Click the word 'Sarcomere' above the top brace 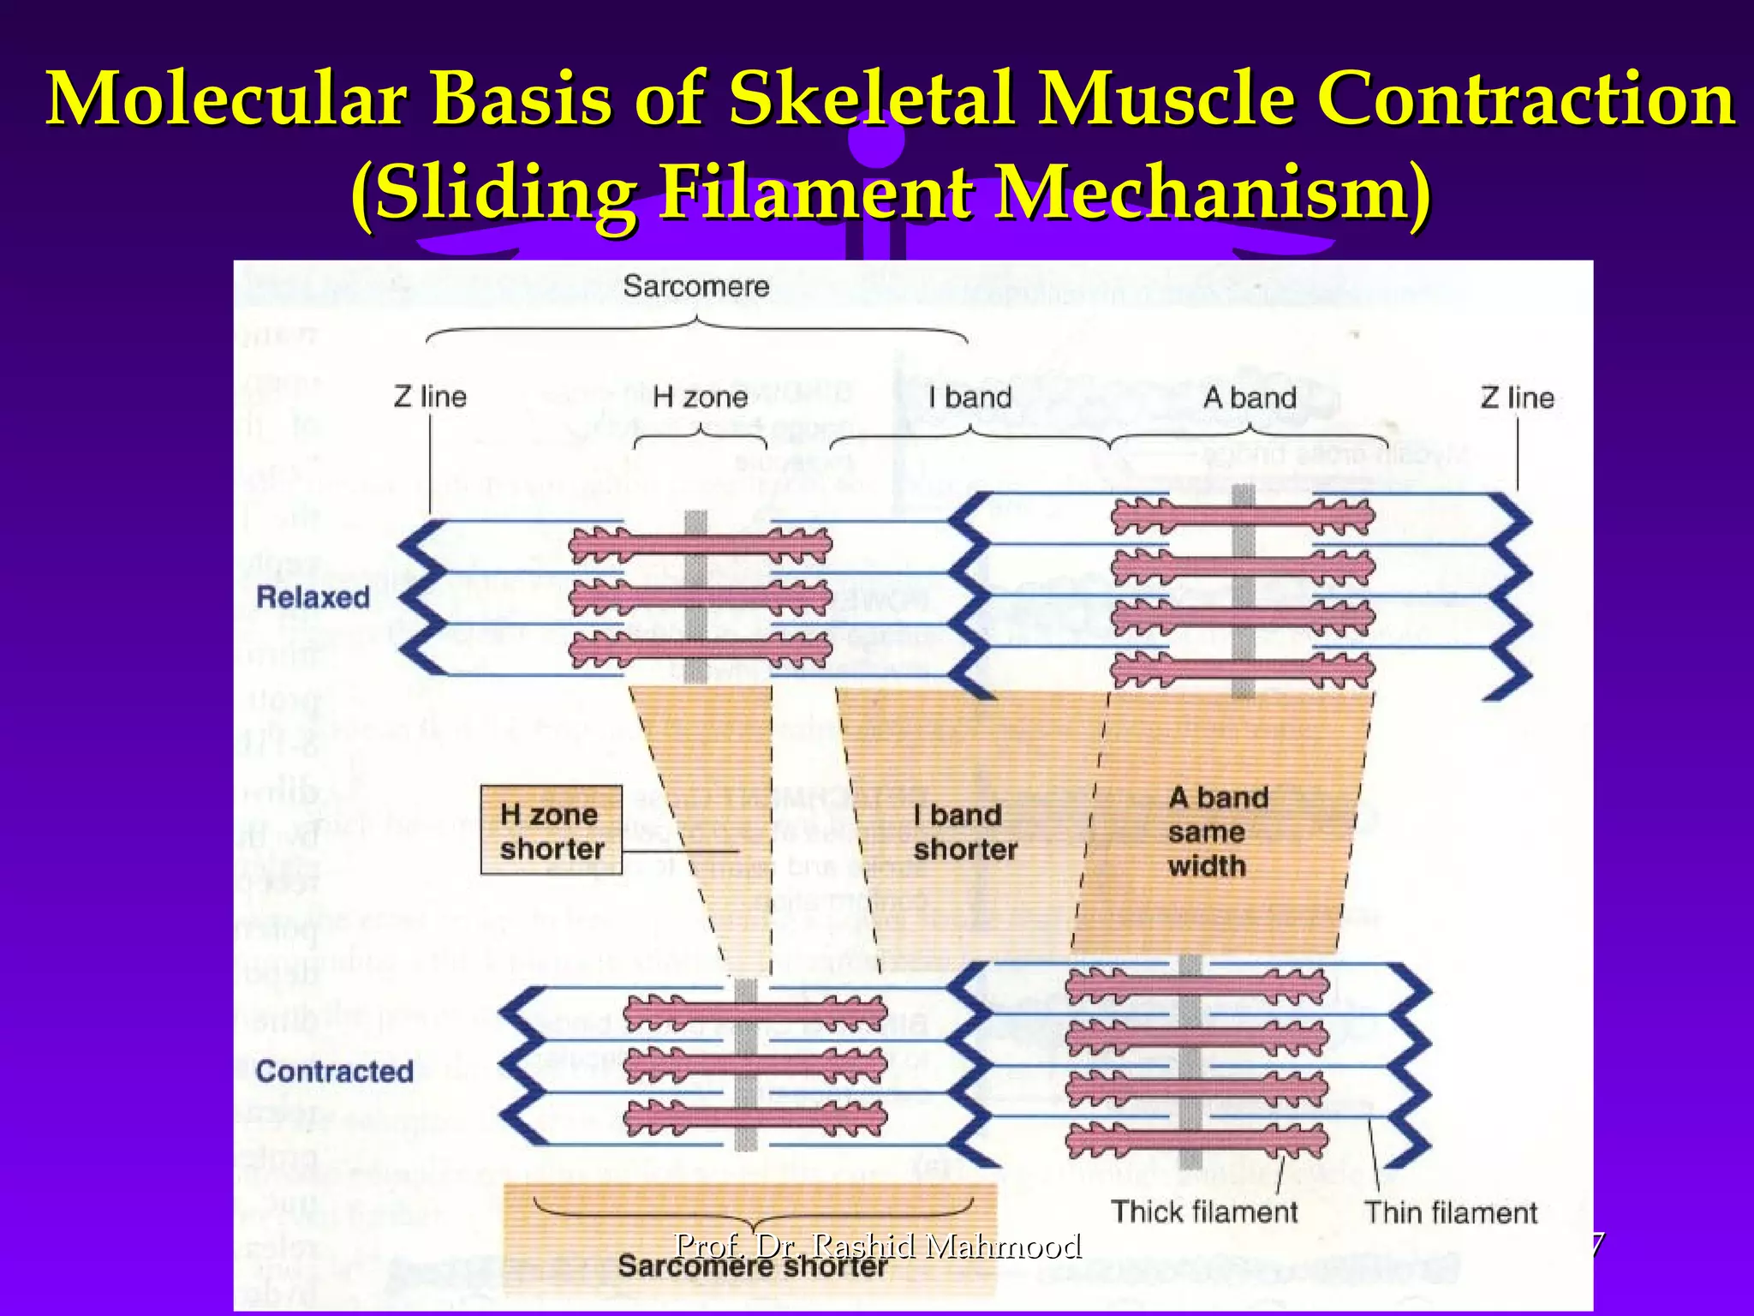[695, 286]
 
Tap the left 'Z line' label [430, 397]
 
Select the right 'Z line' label [1517, 398]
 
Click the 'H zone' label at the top [700, 397]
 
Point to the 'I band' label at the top [969, 397]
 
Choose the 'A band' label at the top [1249, 398]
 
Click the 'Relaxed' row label [313, 597]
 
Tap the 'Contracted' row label [334, 1071]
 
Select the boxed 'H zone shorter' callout [552, 830]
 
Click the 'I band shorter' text [964, 832]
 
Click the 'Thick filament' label [1204, 1211]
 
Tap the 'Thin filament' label [1451, 1212]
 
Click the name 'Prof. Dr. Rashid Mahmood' [878, 1244]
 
